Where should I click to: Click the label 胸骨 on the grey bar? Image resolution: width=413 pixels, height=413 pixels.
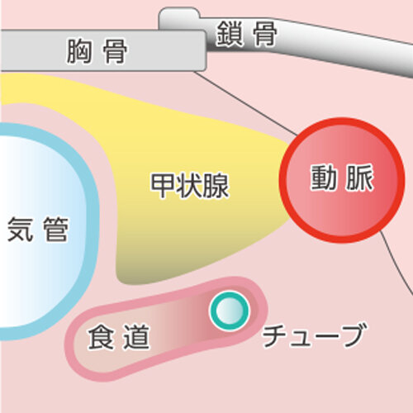tap(97, 51)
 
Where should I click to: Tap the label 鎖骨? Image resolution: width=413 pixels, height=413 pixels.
tap(246, 34)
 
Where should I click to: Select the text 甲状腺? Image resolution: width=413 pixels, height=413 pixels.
tap(190, 185)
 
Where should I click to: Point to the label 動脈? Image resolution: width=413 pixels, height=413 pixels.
tap(342, 178)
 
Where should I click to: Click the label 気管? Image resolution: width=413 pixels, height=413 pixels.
tap(37, 229)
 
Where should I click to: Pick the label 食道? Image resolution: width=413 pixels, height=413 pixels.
tap(119, 336)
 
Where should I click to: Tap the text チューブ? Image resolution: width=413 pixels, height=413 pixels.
tap(315, 335)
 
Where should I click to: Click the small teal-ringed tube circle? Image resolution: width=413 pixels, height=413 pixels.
tap(229, 311)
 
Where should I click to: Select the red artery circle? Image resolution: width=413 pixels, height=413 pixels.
tap(342, 180)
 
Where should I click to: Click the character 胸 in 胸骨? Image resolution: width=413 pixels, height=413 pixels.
tap(78, 51)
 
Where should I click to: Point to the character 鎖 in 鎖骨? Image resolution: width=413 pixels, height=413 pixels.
tap(229, 34)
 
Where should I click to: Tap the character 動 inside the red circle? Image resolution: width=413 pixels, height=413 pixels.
tap(324, 178)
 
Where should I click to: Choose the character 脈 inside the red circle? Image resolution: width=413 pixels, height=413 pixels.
tap(360, 178)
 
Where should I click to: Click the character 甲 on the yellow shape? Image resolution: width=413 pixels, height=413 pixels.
tap(163, 185)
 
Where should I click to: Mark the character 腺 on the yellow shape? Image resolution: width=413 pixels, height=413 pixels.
tap(216, 185)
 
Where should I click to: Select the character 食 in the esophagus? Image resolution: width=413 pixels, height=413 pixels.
tap(101, 336)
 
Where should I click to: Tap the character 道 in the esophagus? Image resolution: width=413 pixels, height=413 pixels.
tap(136, 336)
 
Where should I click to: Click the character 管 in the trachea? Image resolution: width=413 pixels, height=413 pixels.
tap(55, 229)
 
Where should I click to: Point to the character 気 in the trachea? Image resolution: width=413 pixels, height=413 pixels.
tap(20, 229)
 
